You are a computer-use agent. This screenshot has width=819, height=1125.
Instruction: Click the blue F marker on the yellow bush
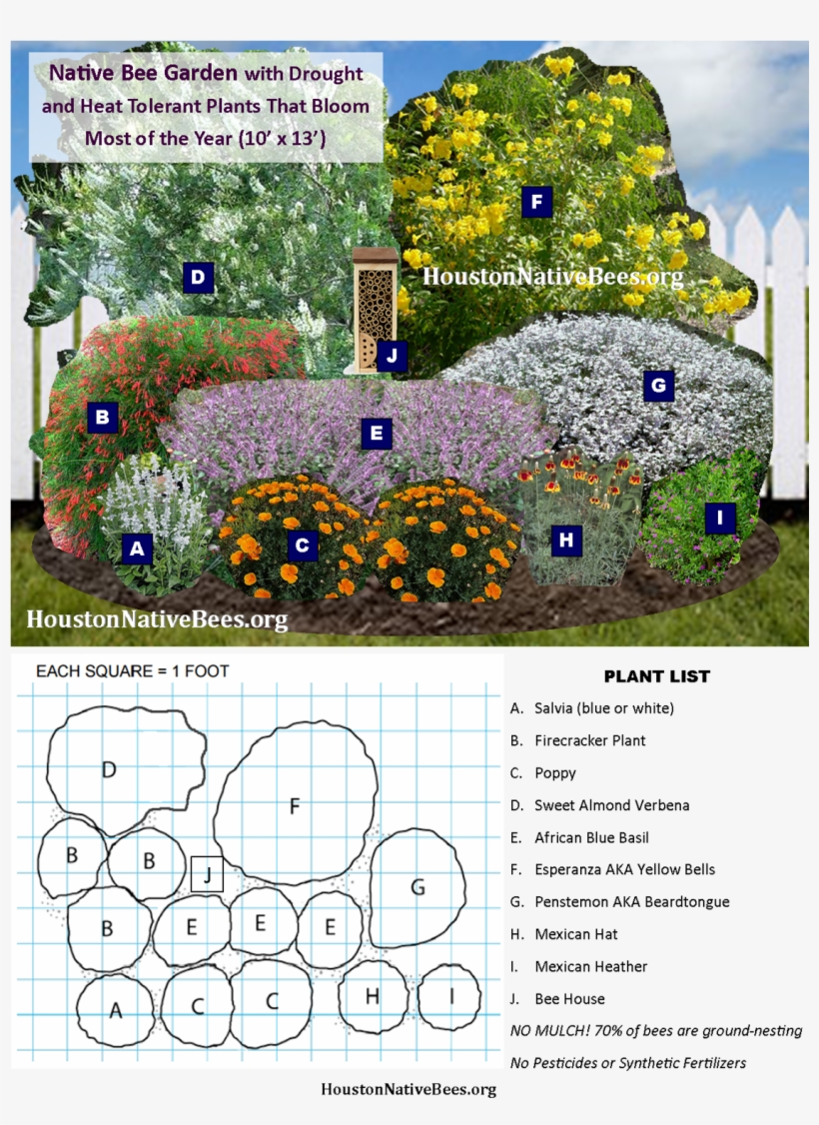[x=536, y=203]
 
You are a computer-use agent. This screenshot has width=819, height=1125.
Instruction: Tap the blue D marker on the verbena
[x=199, y=277]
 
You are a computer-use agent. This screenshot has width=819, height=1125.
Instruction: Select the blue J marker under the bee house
[x=393, y=355]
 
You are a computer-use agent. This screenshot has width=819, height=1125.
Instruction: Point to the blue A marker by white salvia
[x=137, y=548]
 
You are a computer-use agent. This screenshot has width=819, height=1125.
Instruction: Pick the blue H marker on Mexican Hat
[x=566, y=541]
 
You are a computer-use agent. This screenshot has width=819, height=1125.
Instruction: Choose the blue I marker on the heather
[x=719, y=518]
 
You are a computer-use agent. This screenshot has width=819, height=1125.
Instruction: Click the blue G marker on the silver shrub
[x=657, y=386]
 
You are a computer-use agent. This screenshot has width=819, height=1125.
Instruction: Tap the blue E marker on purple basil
[x=376, y=434]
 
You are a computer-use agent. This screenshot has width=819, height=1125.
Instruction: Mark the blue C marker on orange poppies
[x=302, y=546]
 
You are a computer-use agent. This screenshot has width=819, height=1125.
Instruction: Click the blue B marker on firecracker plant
[x=102, y=417]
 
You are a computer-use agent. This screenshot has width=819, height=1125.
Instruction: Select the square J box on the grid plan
[x=207, y=874]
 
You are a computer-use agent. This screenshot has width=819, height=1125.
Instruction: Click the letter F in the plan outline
[x=295, y=806]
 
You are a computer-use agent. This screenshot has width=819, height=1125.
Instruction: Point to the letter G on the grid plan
[x=417, y=887]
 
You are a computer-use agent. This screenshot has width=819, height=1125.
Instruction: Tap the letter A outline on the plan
[x=116, y=1010]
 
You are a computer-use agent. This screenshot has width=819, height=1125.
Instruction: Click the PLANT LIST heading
[x=656, y=676]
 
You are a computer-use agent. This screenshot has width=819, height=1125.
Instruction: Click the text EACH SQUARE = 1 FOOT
[x=132, y=671]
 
